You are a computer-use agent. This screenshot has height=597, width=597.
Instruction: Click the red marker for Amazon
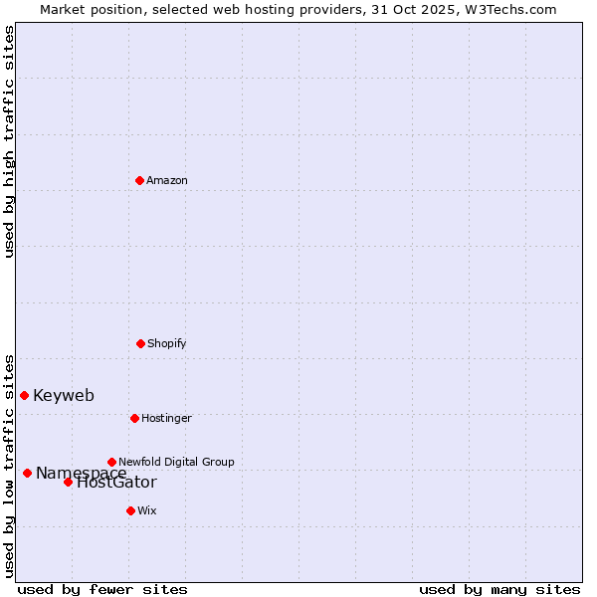click(x=140, y=180)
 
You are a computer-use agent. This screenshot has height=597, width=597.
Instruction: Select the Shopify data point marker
click(x=141, y=343)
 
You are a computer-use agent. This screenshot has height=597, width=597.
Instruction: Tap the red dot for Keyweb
click(x=25, y=395)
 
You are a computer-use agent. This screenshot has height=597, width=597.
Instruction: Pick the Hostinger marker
click(x=134, y=418)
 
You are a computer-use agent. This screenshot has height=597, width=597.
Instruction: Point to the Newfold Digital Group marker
click(x=111, y=462)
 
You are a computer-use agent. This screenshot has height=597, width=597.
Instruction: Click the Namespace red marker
click(x=28, y=473)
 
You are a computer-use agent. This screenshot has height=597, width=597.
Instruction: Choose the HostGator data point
click(x=69, y=482)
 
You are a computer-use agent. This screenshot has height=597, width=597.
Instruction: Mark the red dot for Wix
click(x=130, y=510)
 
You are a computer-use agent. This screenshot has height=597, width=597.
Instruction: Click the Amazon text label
click(x=167, y=180)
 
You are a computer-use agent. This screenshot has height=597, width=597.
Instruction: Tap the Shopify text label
click(x=167, y=343)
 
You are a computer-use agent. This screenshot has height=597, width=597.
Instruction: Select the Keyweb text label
click(x=64, y=395)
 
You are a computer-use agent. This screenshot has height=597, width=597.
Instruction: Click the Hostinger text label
click(x=166, y=418)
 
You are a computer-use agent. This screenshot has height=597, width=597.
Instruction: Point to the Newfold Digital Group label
click(x=176, y=462)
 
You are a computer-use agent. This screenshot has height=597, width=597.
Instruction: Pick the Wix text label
click(x=147, y=510)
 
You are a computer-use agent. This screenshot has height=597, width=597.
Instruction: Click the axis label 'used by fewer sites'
click(x=102, y=589)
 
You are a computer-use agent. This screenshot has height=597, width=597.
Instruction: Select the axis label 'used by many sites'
click(x=499, y=589)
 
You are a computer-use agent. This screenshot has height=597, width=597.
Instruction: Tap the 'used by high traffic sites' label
click(x=9, y=141)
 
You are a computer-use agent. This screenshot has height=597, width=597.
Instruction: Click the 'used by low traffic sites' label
click(x=9, y=466)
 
